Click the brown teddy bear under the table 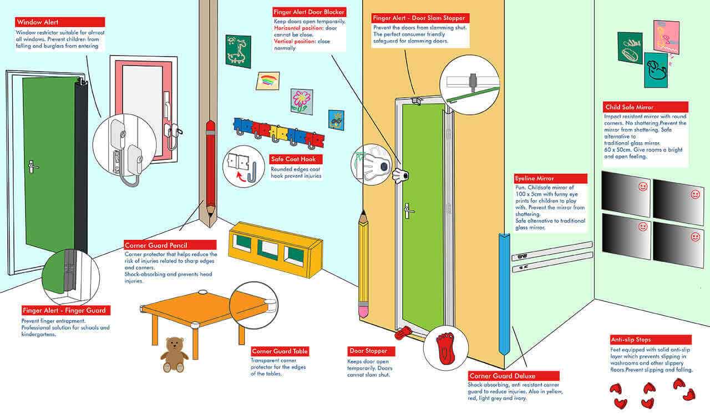(x=174, y=354)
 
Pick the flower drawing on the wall (x=301, y=102)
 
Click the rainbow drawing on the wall (x=267, y=81)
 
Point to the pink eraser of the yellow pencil (x=363, y=310)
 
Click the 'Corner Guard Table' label (x=280, y=351)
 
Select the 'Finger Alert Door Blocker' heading (x=310, y=12)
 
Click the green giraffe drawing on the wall (x=234, y=51)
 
